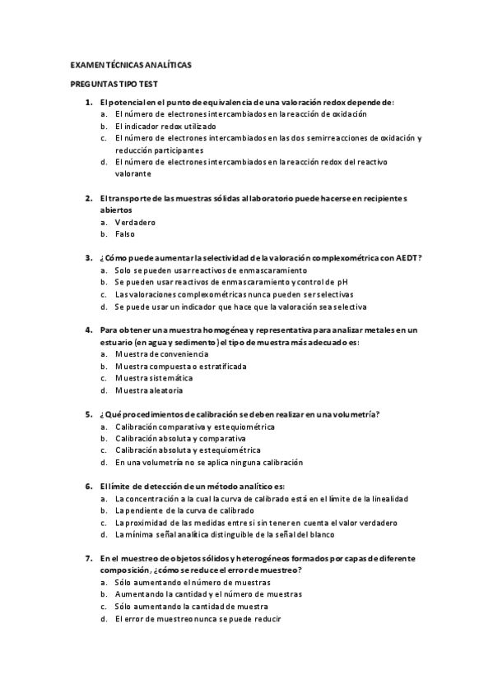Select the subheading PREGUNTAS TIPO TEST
tap(112, 84)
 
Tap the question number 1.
tap(89, 102)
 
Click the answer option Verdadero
tap(135, 222)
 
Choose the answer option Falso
tap(125, 234)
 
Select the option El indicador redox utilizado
tap(165, 127)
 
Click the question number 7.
tap(89, 558)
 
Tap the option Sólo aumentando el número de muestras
tap(194, 582)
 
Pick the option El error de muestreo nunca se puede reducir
tap(198, 618)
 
